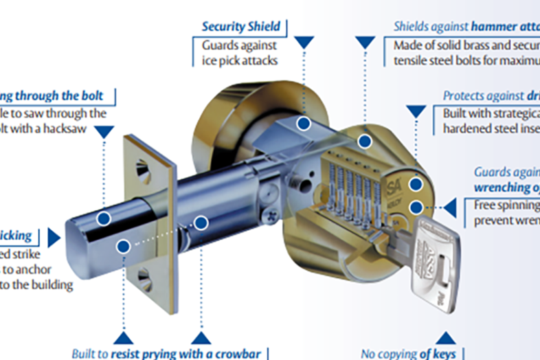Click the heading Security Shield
pyautogui.click(x=240, y=27)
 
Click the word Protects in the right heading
pyautogui.click(x=464, y=96)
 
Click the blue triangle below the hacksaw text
pyautogui.click(x=104, y=131)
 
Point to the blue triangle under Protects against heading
pyautogui.click(x=415, y=112)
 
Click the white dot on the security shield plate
pyautogui.click(x=303, y=124)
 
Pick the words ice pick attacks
pyautogui.click(x=239, y=60)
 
